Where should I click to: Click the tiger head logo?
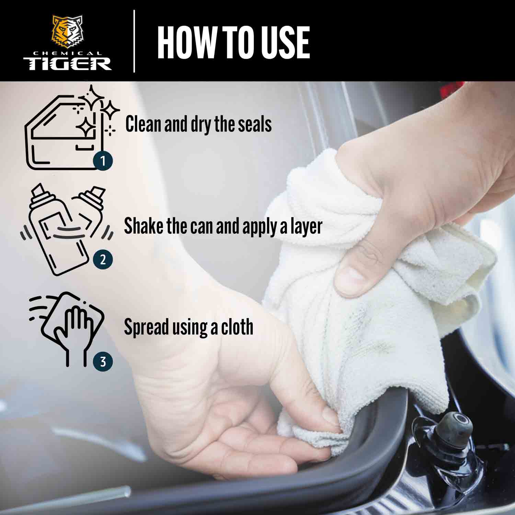click(x=67, y=32)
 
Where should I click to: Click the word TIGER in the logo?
click(x=67, y=64)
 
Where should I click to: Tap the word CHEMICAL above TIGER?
click(x=67, y=53)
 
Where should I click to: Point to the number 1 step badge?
click(x=103, y=160)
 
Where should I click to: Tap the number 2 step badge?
click(x=103, y=260)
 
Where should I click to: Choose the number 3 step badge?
click(x=103, y=361)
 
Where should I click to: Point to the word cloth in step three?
click(x=237, y=327)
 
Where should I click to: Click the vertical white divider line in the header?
click(x=134, y=41)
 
